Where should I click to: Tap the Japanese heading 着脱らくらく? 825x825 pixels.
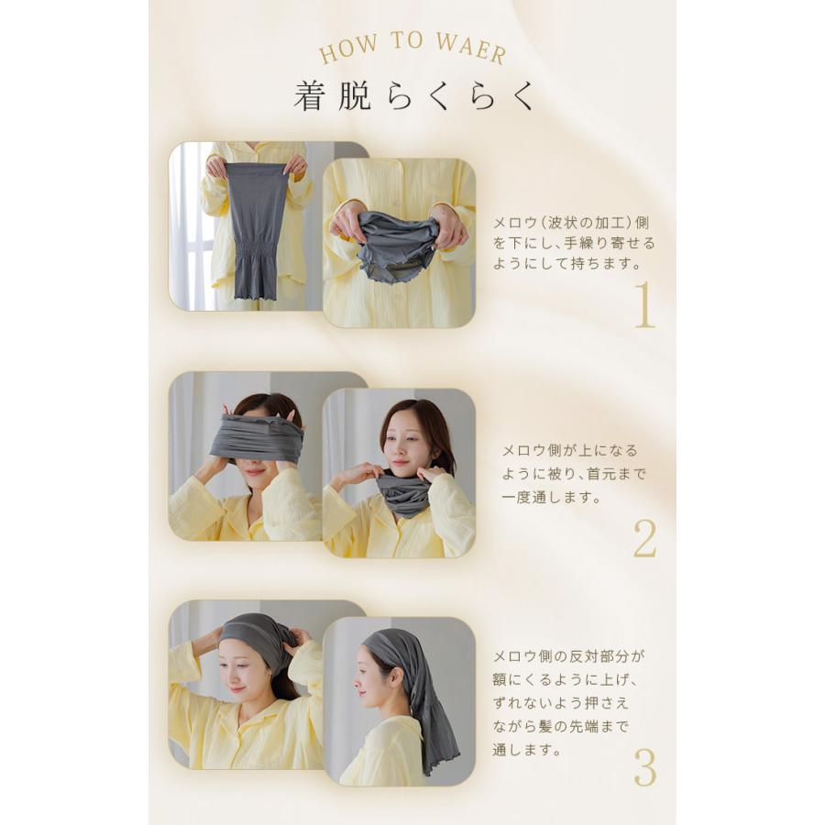click(413, 96)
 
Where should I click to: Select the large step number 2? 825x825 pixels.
click(644, 540)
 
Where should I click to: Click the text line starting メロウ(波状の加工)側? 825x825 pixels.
click(572, 223)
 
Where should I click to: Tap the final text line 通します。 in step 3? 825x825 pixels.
click(529, 749)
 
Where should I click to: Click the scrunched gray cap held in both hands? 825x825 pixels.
click(399, 243)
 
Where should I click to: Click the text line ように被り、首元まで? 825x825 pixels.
click(574, 474)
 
